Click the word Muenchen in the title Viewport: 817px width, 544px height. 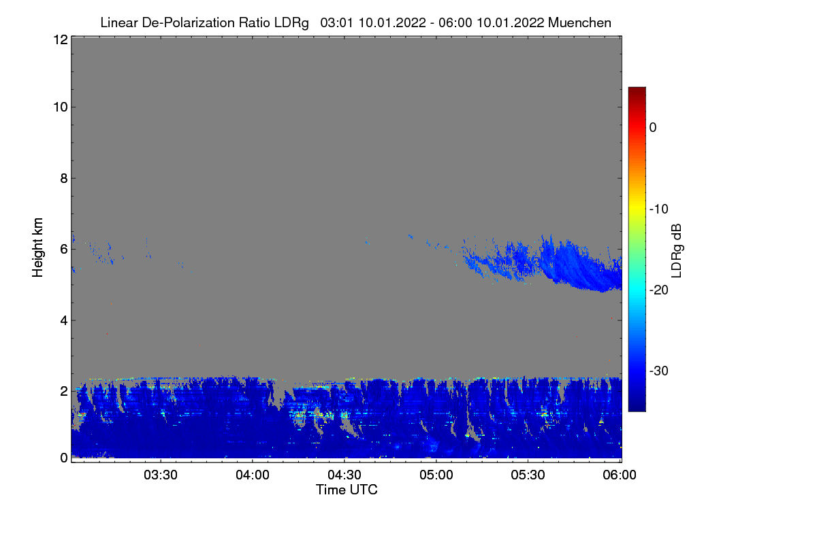click(x=579, y=22)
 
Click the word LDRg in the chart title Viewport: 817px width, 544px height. click(x=291, y=23)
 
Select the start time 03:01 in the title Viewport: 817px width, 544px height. click(x=336, y=22)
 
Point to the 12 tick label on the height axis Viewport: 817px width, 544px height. click(x=61, y=39)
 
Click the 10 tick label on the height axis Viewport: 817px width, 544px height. click(x=61, y=107)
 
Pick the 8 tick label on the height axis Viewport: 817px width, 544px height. click(x=64, y=178)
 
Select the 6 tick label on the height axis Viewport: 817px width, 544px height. click(x=64, y=250)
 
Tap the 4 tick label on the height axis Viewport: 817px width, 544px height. click(x=64, y=320)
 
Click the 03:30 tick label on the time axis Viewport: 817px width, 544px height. click(x=161, y=475)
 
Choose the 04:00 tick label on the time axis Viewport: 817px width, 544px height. click(x=253, y=475)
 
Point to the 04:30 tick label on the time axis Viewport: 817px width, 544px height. click(x=345, y=475)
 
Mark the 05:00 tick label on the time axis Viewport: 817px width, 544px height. click(x=436, y=475)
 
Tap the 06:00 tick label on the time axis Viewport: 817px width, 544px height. click(x=620, y=475)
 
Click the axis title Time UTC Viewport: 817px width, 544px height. click(x=347, y=490)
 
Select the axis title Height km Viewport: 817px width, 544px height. click(x=37, y=248)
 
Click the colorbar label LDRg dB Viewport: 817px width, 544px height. click(x=676, y=251)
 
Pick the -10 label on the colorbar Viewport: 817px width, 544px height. click(x=659, y=209)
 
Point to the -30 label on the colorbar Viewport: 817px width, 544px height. click(x=659, y=371)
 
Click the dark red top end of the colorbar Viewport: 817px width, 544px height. click(x=637, y=89)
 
